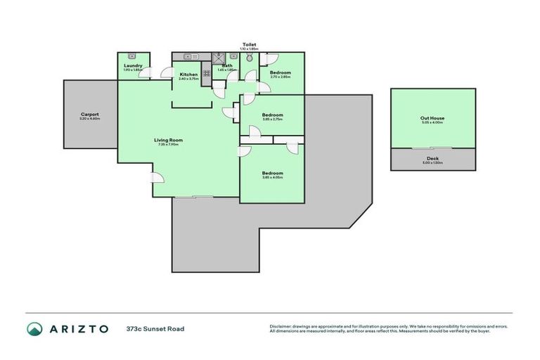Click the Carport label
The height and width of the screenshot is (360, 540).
[x=89, y=115]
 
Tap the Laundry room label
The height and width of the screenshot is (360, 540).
[x=133, y=66]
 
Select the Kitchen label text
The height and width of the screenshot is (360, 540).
[x=188, y=75]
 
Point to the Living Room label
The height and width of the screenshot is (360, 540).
[x=169, y=140]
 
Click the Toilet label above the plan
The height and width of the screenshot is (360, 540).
[x=249, y=44]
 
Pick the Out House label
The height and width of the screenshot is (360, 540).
[x=432, y=118]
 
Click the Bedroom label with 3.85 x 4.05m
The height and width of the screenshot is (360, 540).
[x=272, y=173]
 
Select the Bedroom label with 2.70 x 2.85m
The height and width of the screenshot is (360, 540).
[x=280, y=73]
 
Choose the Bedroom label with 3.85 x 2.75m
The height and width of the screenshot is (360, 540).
[x=272, y=115]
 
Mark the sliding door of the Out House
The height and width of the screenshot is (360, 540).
[x=432, y=148]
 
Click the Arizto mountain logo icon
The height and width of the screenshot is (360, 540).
[x=34, y=328]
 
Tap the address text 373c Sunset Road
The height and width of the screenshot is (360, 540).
[x=155, y=328]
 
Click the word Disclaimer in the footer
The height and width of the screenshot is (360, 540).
[x=281, y=326]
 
